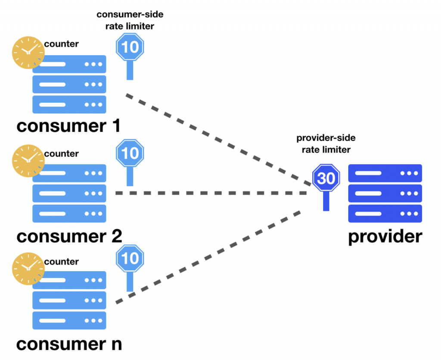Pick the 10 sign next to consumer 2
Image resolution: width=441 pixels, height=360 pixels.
coord(130,153)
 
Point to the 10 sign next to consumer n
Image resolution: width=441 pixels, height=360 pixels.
coord(130,259)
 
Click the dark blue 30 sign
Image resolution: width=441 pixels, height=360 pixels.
coord(326,178)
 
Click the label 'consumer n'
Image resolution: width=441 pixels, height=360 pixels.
coord(69,344)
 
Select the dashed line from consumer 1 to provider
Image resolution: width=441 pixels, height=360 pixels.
coord(215,138)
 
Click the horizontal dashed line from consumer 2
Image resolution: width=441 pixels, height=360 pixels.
coord(211,194)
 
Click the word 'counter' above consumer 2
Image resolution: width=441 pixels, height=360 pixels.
coord(62,154)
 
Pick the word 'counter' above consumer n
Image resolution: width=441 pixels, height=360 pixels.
coord(62,262)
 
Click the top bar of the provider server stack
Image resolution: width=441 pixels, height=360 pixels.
coord(385,173)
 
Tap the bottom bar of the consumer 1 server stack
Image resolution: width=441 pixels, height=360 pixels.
coord(69,104)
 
